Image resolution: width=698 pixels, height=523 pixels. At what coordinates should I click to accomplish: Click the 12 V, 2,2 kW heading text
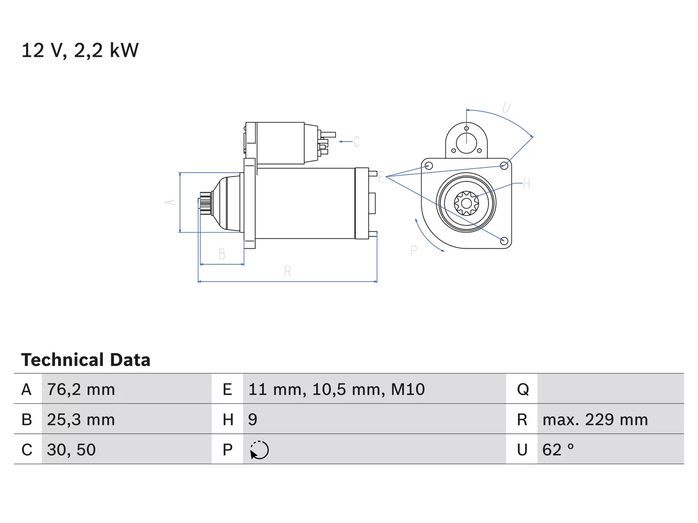click(x=80, y=51)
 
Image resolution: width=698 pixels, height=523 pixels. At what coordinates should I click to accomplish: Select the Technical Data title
click(x=86, y=360)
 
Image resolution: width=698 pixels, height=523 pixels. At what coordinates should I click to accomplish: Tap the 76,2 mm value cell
click(x=81, y=390)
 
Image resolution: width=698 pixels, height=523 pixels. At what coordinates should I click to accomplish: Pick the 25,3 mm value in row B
click(x=81, y=419)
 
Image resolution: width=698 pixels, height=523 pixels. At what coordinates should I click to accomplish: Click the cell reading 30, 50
click(x=71, y=449)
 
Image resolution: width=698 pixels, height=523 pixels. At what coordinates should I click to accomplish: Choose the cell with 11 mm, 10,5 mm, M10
click(x=336, y=390)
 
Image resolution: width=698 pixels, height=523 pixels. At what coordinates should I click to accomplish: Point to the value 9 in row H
click(x=252, y=419)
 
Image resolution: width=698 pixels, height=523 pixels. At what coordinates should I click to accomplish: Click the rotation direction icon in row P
click(x=259, y=450)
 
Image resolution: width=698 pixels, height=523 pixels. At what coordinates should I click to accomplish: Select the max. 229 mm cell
click(x=595, y=419)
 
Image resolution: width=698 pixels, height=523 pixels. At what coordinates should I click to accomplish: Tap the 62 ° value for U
click(x=558, y=449)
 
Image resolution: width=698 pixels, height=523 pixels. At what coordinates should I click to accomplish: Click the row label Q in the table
click(x=523, y=390)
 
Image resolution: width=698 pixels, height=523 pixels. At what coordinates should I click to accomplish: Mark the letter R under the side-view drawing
click(x=287, y=271)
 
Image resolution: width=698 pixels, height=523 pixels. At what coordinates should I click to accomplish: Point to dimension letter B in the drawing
click(x=222, y=254)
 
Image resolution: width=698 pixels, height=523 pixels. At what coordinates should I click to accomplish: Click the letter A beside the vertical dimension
click(x=171, y=202)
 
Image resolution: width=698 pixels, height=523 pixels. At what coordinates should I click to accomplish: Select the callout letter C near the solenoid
click(x=357, y=142)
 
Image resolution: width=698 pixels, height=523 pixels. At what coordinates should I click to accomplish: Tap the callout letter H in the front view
click(x=526, y=184)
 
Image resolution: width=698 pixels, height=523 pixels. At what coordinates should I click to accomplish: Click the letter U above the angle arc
click(x=506, y=108)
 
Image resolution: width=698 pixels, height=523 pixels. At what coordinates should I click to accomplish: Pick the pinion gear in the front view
click(x=466, y=203)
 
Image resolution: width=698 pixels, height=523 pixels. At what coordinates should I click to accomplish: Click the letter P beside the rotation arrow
click(x=413, y=251)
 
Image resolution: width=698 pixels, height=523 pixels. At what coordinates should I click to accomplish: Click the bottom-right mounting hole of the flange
click(x=504, y=240)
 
